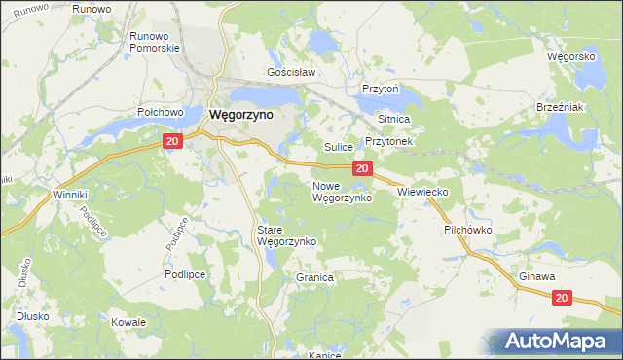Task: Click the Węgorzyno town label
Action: (x=241, y=114)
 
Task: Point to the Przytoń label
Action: (x=382, y=87)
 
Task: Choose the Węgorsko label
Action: (x=571, y=57)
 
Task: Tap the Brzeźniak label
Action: (x=560, y=107)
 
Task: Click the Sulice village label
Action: (x=338, y=147)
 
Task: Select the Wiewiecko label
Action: (x=422, y=193)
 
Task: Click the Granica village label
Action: (x=314, y=277)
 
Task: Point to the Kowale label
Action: (x=128, y=322)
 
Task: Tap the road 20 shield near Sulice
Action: (x=361, y=169)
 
